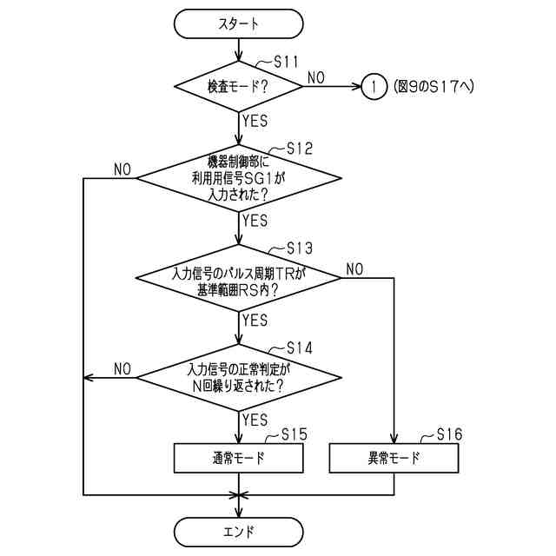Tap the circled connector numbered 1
coord(373,86)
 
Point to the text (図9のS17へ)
coord(433,86)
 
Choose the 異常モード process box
coord(394,458)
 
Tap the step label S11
coord(286,62)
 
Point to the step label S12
coord(299,149)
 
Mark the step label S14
coord(299,348)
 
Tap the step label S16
coord(449,434)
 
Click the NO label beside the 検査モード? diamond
coord(315,78)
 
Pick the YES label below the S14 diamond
coord(255,420)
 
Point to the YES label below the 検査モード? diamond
coord(255,121)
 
